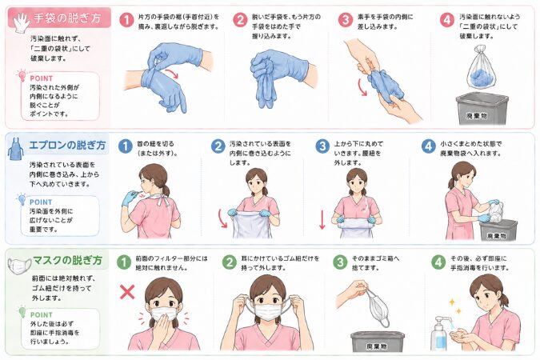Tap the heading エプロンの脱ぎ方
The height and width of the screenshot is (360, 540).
click(69, 146)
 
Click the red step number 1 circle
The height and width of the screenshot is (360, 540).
click(126, 20)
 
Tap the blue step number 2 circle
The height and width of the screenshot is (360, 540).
click(218, 145)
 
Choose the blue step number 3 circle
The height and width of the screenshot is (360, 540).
click(322, 145)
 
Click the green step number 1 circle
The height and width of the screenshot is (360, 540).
click(124, 262)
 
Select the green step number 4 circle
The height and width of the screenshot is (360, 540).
click(438, 262)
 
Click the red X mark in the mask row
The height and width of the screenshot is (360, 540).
click(126, 291)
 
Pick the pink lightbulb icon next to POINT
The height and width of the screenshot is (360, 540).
click(22, 77)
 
